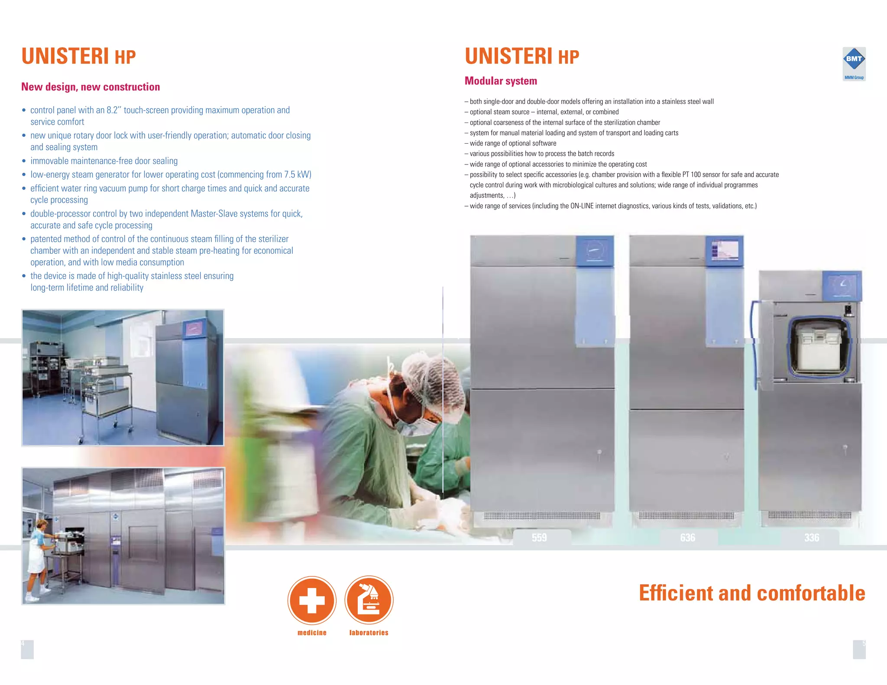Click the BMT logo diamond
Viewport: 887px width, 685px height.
coord(854,59)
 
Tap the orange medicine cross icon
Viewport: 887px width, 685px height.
coord(312,600)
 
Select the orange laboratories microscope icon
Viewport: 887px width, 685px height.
coord(369,600)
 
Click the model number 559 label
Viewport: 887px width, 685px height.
coord(539,538)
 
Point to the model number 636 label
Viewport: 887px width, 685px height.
coord(687,538)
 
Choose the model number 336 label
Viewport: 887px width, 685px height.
coord(812,538)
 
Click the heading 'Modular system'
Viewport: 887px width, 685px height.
coord(501,81)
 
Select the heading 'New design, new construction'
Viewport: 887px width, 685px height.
coord(91,87)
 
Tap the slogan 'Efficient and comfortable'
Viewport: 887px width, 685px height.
coord(752,593)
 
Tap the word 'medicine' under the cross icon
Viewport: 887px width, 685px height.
coord(312,633)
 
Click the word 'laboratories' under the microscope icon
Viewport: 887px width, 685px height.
coord(369,633)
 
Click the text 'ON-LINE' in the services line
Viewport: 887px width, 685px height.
coord(582,206)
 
